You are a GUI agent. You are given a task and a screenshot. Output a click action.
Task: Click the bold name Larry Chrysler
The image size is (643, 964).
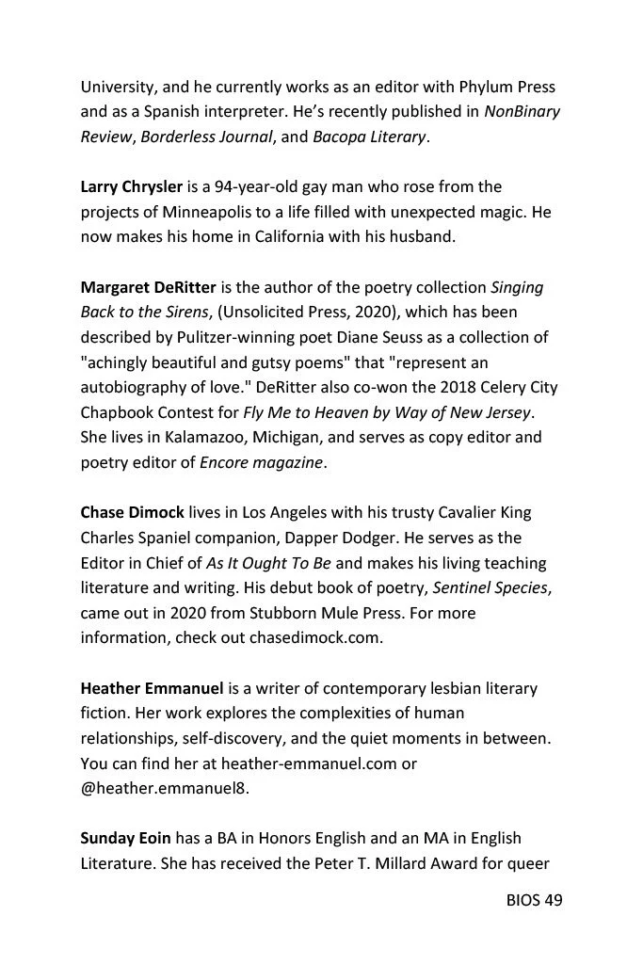pos(131,187)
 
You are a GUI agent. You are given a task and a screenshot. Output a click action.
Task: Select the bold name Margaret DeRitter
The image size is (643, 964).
pos(149,287)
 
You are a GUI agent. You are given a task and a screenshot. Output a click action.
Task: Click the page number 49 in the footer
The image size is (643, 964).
pos(553,900)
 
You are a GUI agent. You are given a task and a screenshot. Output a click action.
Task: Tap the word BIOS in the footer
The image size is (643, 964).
pos(522,900)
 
